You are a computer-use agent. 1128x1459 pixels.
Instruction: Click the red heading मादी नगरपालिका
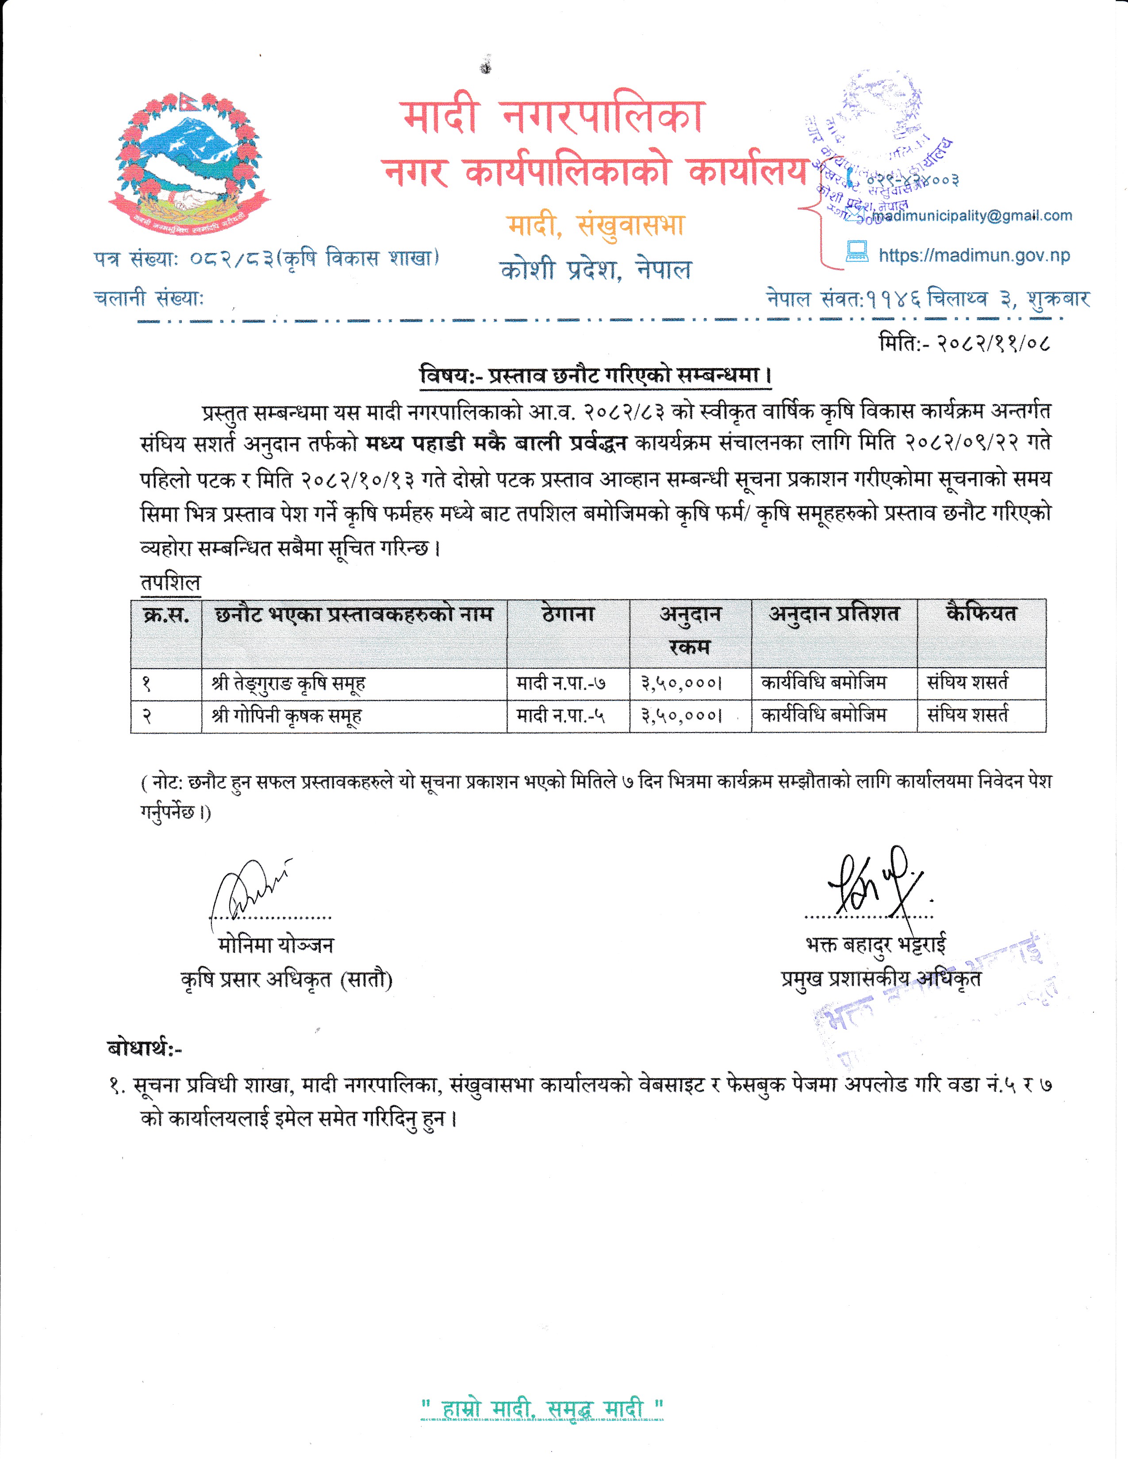[554, 116]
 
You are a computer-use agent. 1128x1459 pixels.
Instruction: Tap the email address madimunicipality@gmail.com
[972, 216]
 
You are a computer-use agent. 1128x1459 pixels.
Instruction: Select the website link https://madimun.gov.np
[974, 255]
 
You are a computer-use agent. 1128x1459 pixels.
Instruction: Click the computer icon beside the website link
[857, 252]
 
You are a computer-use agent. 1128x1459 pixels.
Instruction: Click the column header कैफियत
[981, 613]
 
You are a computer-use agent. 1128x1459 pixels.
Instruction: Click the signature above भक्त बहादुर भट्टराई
[872, 883]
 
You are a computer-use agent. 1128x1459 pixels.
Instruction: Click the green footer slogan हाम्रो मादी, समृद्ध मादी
[542, 1409]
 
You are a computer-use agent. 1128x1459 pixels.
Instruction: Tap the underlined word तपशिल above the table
[170, 583]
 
